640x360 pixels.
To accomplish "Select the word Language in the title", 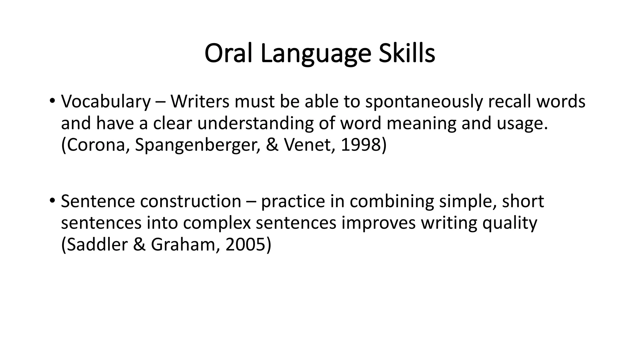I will (x=316, y=53).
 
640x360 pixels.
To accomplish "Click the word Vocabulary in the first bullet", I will (x=106, y=102).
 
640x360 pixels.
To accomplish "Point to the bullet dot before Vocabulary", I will (x=52, y=101).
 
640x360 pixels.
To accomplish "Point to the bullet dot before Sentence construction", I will (x=52, y=200).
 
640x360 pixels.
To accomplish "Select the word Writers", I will (x=200, y=102).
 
